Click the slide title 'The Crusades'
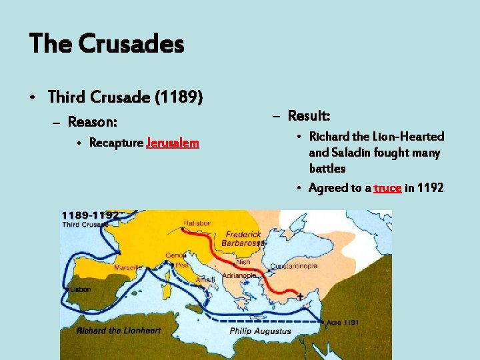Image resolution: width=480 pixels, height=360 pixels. pyautogui.click(x=107, y=45)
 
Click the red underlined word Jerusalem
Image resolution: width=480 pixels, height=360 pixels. pyautogui.click(x=172, y=143)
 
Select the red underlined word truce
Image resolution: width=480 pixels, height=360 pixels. pyautogui.click(x=387, y=188)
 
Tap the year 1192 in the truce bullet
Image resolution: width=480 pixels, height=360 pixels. pyautogui.click(x=429, y=188)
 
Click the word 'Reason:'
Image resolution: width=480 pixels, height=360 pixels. pyautogui.click(x=93, y=122)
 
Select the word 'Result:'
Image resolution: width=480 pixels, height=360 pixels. pyautogui.click(x=309, y=116)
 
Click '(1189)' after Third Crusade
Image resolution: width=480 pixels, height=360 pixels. pyautogui.click(x=179, y=97)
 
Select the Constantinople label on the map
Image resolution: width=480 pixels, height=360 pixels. pyautogui.click(x=293, y=266)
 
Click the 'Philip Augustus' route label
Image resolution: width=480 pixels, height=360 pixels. pyautogui.click(x=261, y=331)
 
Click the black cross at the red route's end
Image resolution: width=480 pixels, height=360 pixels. pyautogui.click(x=300, y=295)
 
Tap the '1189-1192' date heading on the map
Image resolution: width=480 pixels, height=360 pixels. pyautogui.click(x=91, y=215)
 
